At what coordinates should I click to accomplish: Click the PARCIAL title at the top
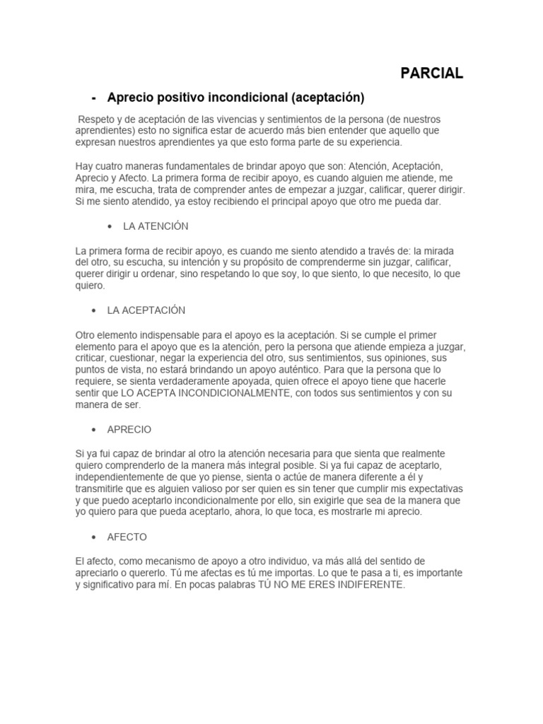[x=431, y=73]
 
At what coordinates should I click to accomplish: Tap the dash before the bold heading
[x=94, y=96]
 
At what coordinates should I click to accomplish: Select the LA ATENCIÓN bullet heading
[x=156, y=226]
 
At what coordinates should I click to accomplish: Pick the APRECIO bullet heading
[x=129, y=429]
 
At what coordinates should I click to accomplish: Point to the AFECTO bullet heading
[x=127, y=537]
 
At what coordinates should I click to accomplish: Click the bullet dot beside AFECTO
[x=94, y=537]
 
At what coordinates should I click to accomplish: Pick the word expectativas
[x=430, y=489]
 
